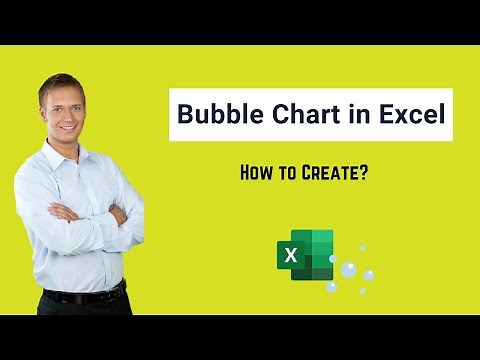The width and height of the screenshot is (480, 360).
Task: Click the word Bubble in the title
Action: tap(215, 114)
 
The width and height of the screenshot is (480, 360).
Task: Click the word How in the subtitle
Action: tap(258, 172)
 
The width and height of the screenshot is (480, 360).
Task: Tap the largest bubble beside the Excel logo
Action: tap(347, 269)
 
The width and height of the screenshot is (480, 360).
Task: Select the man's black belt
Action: tap(85, 294)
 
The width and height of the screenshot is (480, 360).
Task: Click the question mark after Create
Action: tap(363, 172)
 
